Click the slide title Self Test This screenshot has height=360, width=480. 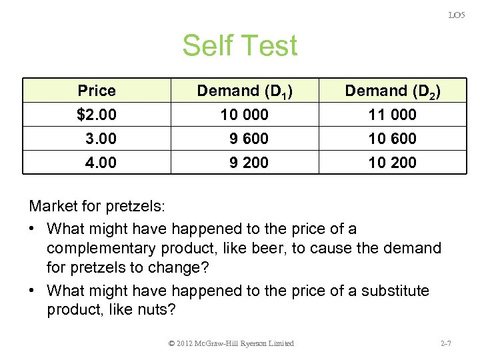pos(239,46)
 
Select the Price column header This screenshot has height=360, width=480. pos(97,91)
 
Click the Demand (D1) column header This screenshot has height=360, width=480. pos(246,91)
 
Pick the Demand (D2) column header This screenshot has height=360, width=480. pos(393,91)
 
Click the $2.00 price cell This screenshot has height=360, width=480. pos(97,115)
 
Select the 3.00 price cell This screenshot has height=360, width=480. pos(101,139)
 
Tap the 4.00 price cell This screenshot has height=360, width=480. pos(101,163)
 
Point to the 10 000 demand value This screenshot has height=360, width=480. pos(244,115)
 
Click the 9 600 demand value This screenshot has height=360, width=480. pos(249,139)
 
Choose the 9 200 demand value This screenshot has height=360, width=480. pos(249,163)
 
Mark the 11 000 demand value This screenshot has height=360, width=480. pos(392,115)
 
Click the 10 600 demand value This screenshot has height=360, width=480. pos(392,139)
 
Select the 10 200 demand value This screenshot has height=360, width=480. pos(392,163)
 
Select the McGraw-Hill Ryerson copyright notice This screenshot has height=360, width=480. pos(231,343)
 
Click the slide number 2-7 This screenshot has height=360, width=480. pos(447,343)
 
